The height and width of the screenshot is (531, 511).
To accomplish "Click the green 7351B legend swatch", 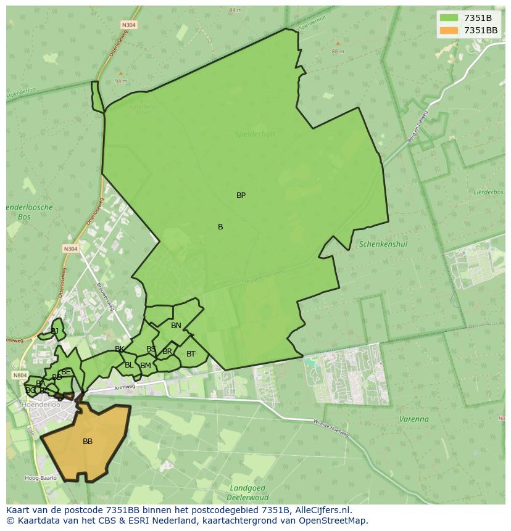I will point(449,17).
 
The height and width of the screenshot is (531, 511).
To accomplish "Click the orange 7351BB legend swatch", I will point(449,30).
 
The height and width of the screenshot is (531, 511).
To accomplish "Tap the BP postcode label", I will point(241,196).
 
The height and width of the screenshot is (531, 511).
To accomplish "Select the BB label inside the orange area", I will point(88,442).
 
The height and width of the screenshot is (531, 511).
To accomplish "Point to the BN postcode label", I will point(176,326).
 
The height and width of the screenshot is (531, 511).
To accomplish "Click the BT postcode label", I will point(191,354).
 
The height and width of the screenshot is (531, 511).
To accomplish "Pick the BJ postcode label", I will point(54,331).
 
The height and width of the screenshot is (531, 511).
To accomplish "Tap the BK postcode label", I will point(120,349).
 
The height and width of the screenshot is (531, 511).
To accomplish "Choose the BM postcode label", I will point(146,366).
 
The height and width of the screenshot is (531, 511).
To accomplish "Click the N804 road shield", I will point(19,375).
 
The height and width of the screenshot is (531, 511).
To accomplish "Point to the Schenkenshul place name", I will point(383,244).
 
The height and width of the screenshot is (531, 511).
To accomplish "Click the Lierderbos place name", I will point(489,192).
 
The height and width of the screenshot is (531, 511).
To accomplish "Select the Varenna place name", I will point(413,419).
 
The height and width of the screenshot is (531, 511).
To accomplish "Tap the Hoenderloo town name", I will point(41,405).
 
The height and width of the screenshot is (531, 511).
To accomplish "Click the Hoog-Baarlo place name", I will point(41,478).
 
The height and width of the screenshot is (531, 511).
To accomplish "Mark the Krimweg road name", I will point(124,388).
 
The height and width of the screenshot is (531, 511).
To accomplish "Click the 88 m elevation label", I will point(338,51).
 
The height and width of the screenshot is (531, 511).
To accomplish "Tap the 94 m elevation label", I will point(120,81).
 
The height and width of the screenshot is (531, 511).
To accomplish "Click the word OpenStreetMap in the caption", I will point(333,521).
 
